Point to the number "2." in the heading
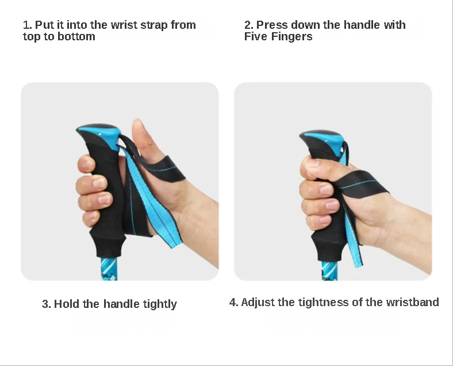(249, 25)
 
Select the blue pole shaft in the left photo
(109, 269)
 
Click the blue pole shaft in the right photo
(329, 271)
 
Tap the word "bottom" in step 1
(76, 37)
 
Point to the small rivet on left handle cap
(99, 134)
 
